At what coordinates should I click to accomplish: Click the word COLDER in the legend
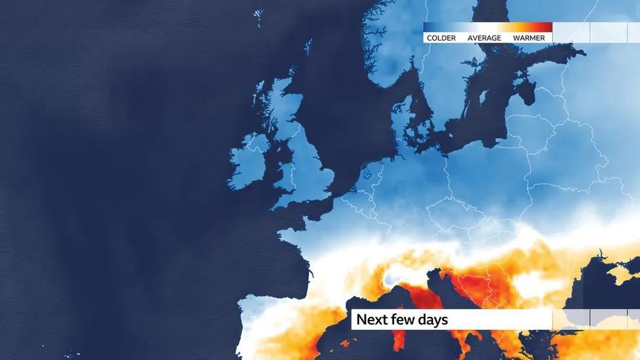[x=441, y=38]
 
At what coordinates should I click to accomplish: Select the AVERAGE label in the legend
[x=484, y=38]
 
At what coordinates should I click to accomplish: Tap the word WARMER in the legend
[x=529, y=38]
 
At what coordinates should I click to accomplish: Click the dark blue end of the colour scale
[x=428, y=28]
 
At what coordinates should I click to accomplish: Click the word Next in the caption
[x=372, y=320]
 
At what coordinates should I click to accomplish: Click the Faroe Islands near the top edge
[x=258, y=14]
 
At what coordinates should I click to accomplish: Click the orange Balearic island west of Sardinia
[x=346, y=342]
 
